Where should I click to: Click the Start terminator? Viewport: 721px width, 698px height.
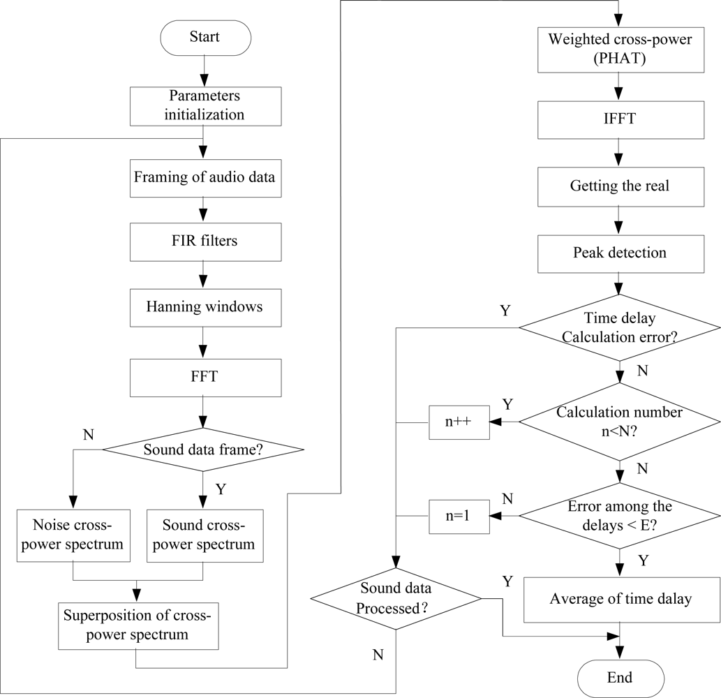pos(204,37)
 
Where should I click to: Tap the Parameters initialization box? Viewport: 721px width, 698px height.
pos(204,106)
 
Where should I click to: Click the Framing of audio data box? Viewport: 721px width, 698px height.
pos(204,177)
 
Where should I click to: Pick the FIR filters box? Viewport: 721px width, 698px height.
pos(204,242)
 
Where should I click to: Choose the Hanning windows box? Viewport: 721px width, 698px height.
pos(204,306)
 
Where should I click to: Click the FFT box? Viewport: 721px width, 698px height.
pos(204,378)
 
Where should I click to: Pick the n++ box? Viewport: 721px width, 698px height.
pos(458,422)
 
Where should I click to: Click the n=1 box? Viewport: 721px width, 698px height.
pos(458,517)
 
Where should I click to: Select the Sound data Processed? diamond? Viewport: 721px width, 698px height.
pos(395,599)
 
